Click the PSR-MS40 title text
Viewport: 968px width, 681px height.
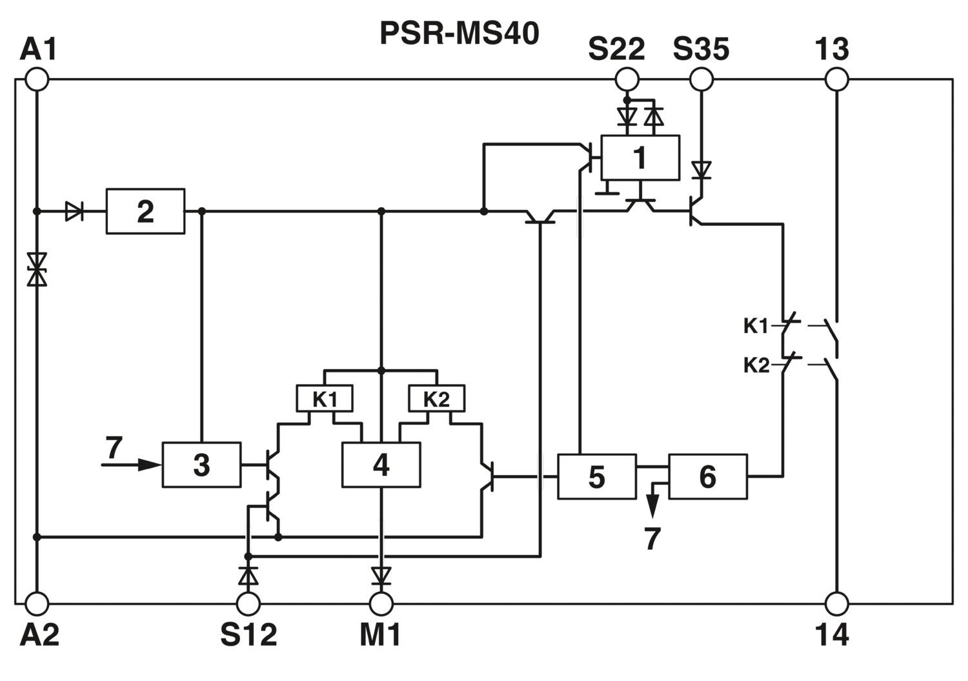459,34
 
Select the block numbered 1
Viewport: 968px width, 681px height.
640,158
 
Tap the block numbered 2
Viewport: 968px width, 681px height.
146,212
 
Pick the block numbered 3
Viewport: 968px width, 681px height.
201,465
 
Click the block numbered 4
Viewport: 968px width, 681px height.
381,465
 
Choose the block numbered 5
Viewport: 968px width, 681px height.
597,476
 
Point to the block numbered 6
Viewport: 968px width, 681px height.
708,476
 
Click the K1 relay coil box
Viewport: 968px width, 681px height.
325,398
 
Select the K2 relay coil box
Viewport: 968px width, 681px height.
437,398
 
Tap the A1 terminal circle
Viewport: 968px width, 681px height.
37,79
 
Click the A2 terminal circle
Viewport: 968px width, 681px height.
37,604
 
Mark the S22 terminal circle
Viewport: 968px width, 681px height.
627,79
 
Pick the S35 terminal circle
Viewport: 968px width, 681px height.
701,79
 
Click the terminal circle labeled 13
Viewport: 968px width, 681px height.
836,79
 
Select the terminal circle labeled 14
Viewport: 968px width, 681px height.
836,604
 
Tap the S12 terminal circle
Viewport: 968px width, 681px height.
248,604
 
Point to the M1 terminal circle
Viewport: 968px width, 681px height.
381,604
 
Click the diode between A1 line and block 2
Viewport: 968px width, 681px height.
74,212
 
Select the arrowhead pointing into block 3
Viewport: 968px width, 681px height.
150,465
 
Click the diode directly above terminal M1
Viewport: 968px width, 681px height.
381,576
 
